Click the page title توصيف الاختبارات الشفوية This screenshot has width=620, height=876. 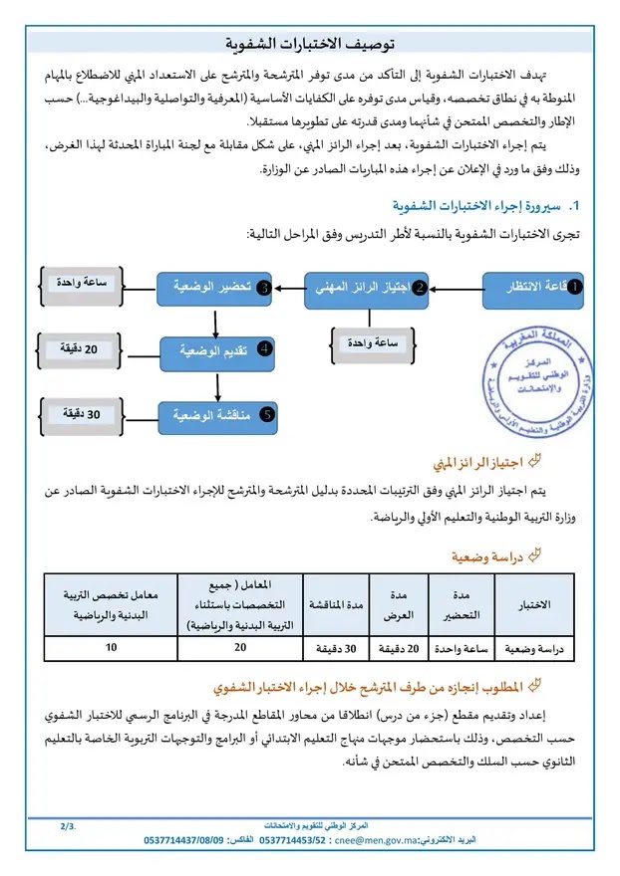click(x=311, y=45)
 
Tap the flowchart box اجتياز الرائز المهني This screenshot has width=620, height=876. click(x=366, y=287)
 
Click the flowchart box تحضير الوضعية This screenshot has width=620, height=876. click(x=215, y=288)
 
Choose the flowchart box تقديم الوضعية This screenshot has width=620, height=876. click(x=215, y=350)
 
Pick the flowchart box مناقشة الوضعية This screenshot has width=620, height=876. click(x=215, y=413)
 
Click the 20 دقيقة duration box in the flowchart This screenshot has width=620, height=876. click(x=88, y=349)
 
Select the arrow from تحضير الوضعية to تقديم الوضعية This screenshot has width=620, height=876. click(x=215, y=321)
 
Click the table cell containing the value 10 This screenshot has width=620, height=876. click(x=111, y=648)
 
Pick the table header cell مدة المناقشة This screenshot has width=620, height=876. click(x=336, y=605)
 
